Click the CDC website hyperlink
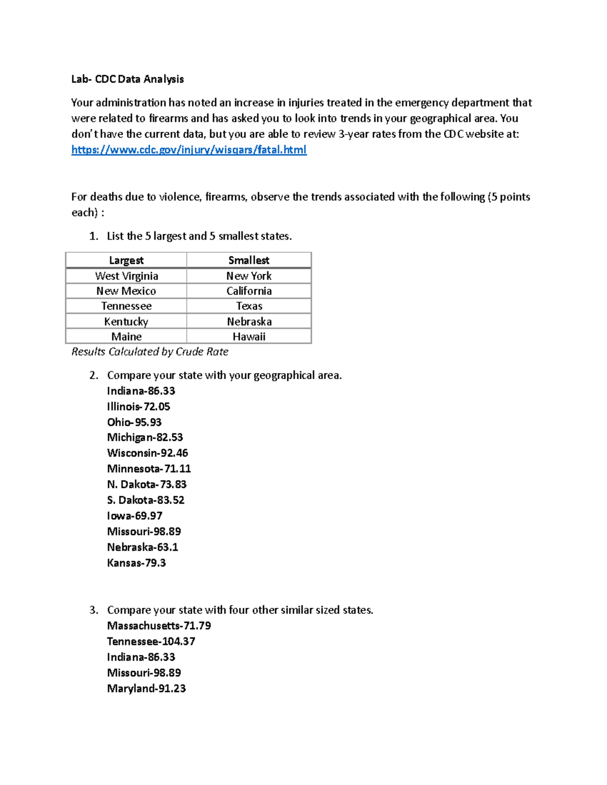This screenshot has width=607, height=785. [x=189, y=150]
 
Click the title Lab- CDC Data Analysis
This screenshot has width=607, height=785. [x=127, y=79]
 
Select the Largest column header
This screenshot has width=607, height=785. [x=126, y=260]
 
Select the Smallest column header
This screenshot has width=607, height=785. [x=248, y=260]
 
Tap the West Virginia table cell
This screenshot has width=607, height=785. [x=126, y=276]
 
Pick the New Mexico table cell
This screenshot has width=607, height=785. [x=126, y=291]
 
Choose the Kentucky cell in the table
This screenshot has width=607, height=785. [x=126, y=321]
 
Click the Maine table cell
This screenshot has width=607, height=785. [x=126, y=337]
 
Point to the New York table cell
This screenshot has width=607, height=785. [x=248, y=276]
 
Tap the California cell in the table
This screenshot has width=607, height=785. [x=248, y=291]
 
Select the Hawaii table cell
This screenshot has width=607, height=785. [x=248, y=337]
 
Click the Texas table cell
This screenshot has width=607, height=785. [x=249, y=306]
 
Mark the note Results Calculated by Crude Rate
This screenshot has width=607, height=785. [x=150, y=352]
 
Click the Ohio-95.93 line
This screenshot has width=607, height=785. [x=134, y=422]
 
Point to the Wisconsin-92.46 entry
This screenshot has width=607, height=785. [x=147, y=453]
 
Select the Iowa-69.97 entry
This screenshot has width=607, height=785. [x=135, y=516]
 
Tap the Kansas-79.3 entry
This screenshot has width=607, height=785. [x=136, y=563]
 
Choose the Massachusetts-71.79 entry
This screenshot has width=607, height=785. [x=159, y=626]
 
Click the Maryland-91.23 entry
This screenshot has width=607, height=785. [x=146, y=688]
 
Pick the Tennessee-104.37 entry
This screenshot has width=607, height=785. [x=151, y=641]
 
